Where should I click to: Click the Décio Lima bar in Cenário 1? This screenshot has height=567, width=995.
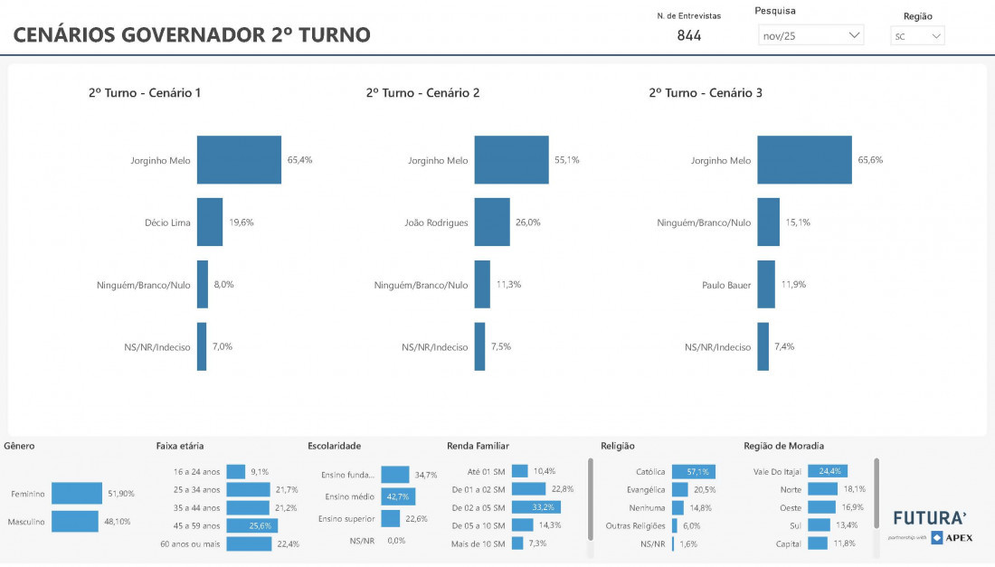pyautogui.click(x=210, y=222)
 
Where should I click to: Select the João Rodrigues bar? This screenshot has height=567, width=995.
pyautogui.click(x=492, y=222)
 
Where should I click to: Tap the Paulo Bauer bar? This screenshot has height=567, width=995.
pyautogui.click(x=766, y=285)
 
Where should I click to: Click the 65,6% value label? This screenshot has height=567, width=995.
pyautogui.click(x=870, y=160)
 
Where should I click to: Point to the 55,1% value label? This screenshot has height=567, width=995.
pyautogui.click(x=567, y=160)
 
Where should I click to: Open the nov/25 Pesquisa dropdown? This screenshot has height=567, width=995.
pyautogui.click(x=810, y=35)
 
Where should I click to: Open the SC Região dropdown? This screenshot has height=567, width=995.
pyautogui.click(x=917, y=36)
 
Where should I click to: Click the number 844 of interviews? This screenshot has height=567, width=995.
pyautogui.click(x=689, y=36)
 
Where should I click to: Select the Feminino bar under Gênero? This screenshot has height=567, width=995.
pyautogui.click(x=77, y=493)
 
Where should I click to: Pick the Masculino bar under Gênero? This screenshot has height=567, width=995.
pyautogui.click(x=75, y=522)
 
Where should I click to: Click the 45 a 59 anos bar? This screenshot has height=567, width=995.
pyautogui.click(x=252, y=525)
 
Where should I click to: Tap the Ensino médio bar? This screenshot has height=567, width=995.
pyautogui.click(x=398, y=496)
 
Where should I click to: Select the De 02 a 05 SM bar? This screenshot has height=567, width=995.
pyautogui.click(x=535, y=507)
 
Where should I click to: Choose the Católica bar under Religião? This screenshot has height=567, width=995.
pyautogui.click(x=693, y=471)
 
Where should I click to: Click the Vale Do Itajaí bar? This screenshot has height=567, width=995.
pyautogui.click(x=828, y=471)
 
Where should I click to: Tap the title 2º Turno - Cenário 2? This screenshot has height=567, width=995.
pyautogui.click(x=422, y=92)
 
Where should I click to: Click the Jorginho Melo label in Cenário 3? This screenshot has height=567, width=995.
pyautogui.click(x=721, y=160)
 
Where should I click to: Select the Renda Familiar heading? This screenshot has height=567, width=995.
pyautogui.click(x=478, y=446)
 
